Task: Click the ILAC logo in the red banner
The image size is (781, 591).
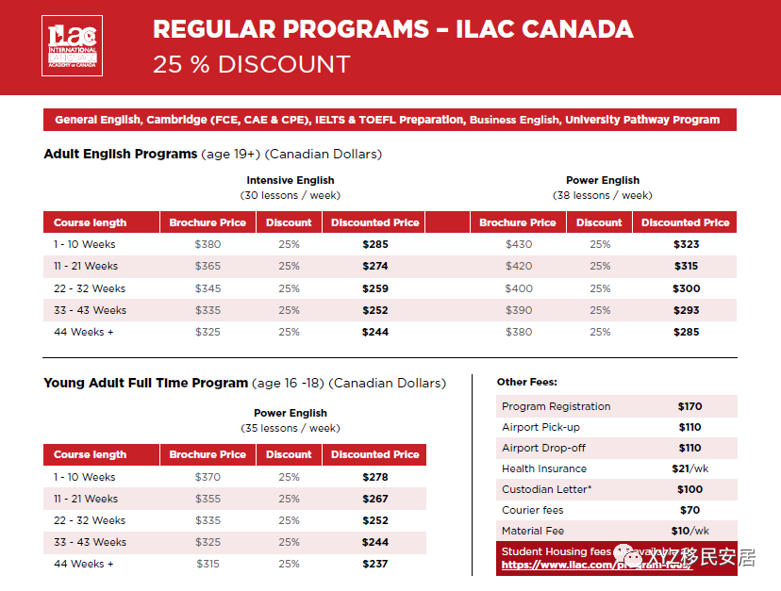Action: coord(73,46)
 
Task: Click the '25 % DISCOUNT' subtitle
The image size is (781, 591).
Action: coord(251,65)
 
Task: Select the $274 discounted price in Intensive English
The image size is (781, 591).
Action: coord(374,266)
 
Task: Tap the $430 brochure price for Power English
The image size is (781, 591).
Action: coord(518,244)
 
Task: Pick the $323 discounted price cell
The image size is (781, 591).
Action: coord(686,244)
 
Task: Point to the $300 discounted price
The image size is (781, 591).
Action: coord(686,288)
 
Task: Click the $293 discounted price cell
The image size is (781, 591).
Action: coord(686,310)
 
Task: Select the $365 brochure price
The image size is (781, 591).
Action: coord(208,266)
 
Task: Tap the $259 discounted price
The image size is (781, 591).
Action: coord(374,288)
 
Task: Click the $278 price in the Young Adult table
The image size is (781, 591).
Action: coord(374,477)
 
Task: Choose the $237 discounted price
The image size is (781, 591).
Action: coord(374,564)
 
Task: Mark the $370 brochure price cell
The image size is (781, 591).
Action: coord(208,477)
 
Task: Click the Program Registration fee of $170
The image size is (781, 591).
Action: coord(690,406)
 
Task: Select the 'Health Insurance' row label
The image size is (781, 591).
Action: coord(543,468)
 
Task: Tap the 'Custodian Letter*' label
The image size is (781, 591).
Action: coord(548,489)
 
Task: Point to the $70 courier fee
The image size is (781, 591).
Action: coord(690,510)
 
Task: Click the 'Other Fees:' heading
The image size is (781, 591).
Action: coord(526,382)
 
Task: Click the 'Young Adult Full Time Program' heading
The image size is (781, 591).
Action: coord(145,383)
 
